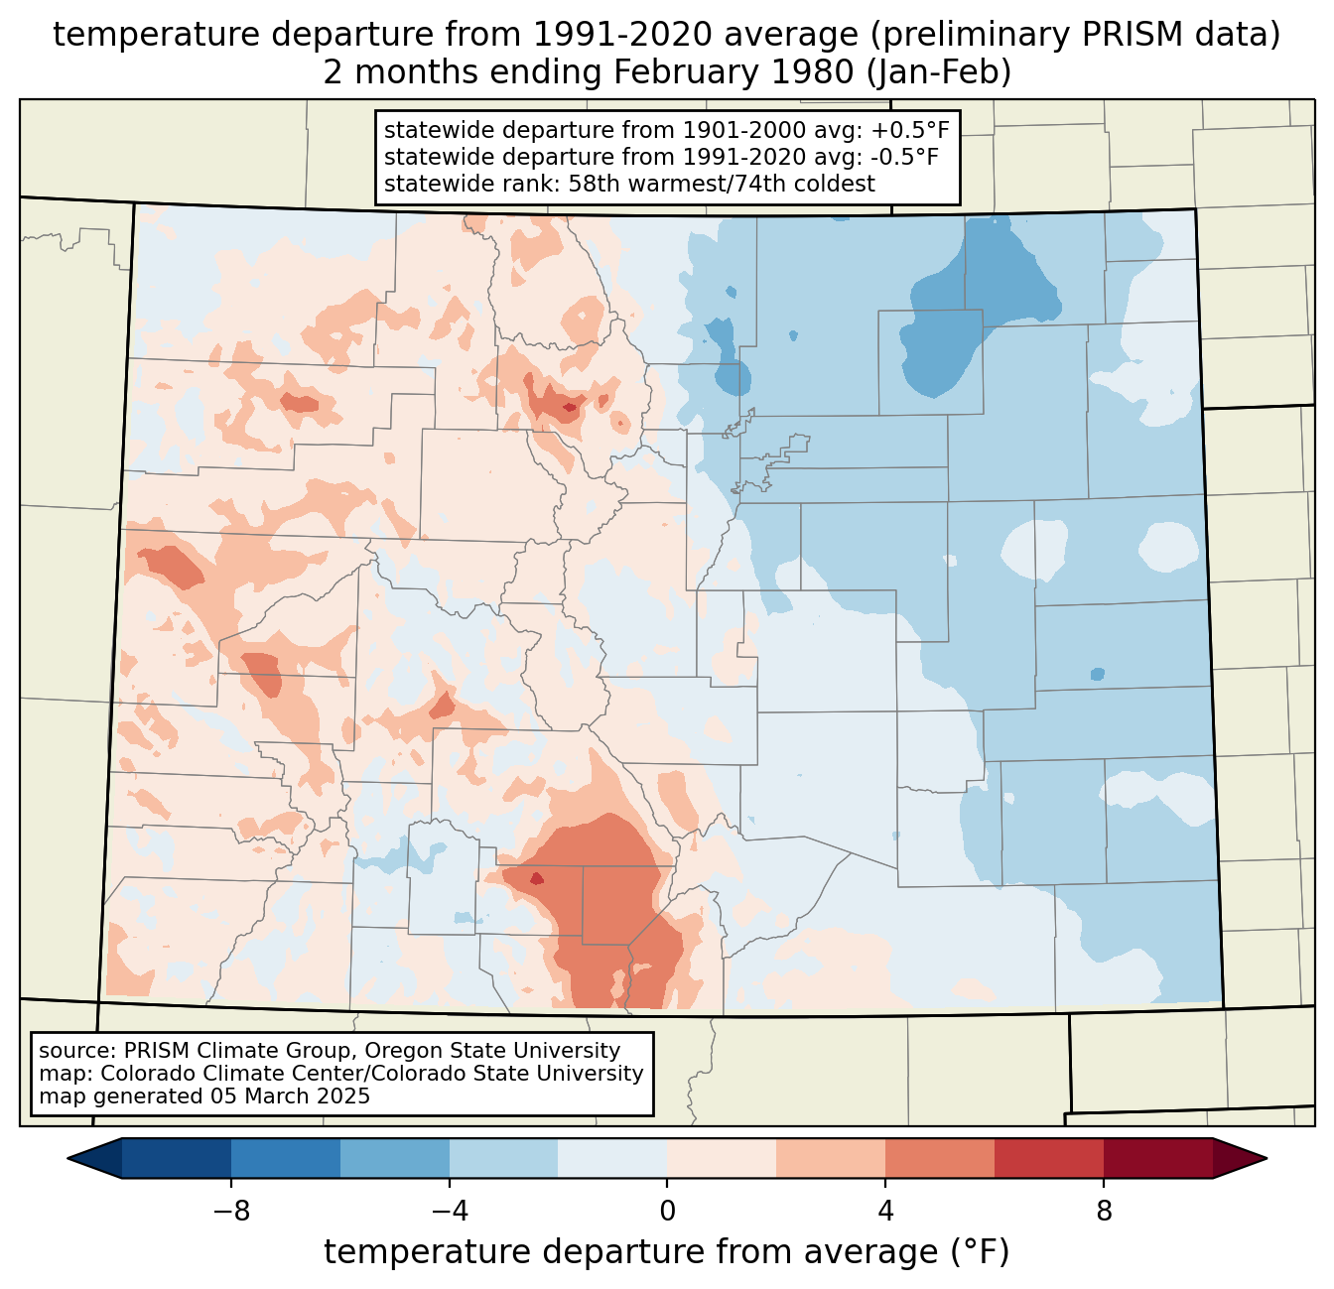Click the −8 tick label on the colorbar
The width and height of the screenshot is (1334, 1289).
tap(230, 1212)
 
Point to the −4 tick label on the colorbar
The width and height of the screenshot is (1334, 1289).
tap(449, 1212)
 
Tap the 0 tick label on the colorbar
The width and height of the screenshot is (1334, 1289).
tap(667, 1212)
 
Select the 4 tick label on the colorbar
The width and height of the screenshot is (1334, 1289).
tap(885, 1212)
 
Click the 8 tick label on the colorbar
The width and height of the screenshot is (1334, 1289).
tap(1104, 1212)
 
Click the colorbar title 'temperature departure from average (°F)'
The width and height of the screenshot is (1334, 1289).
tap(667, 1253)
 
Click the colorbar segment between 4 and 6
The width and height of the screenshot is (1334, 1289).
tap(940, 1158)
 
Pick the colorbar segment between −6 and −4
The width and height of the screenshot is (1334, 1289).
tap(394, 1158)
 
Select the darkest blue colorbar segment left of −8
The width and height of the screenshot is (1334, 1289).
tap(177, 1158)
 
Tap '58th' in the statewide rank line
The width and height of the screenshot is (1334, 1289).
tap(595, 184)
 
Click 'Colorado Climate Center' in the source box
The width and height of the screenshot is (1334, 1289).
tap(209, 1074)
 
